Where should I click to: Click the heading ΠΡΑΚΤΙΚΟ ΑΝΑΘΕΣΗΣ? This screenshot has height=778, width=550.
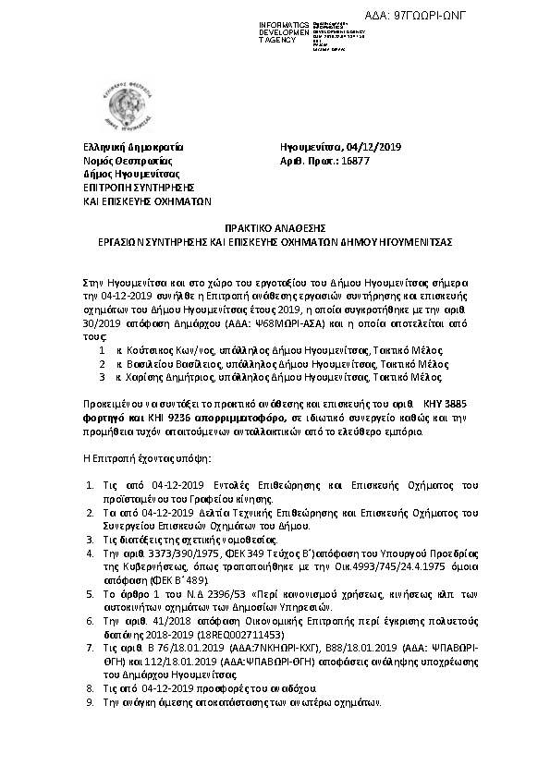coord(275,226)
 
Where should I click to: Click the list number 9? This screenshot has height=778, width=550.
coord(89,702)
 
